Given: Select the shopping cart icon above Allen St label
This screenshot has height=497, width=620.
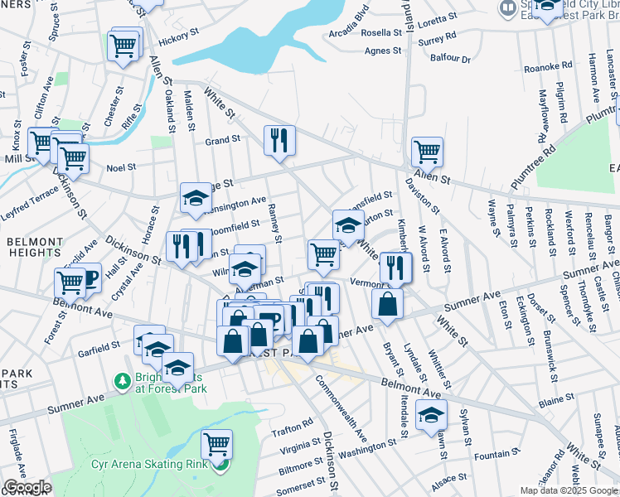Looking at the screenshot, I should (427, 152).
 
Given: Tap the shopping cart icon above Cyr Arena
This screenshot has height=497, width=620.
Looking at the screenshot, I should (216, 443).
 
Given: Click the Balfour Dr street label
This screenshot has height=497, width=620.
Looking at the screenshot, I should (451, 59).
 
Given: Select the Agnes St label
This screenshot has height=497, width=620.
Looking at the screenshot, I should (382, 51).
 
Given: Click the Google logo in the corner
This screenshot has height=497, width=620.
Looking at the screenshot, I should (27, 487).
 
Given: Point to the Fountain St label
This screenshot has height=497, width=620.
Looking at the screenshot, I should (498, 454).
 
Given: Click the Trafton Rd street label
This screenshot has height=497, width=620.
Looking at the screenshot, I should (293, 427).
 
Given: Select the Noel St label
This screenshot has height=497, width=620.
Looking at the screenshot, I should (121, 167).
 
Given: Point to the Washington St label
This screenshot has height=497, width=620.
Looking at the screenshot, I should (370, 452).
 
